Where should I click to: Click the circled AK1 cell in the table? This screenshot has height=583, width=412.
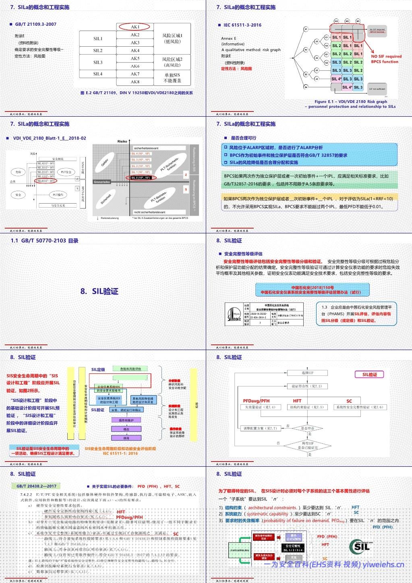135,27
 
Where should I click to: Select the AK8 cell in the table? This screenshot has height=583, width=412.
135,82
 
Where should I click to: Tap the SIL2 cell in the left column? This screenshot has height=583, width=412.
98,51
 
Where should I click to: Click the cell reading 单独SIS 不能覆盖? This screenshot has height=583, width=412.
172,78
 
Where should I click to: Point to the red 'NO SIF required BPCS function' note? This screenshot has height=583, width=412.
386,59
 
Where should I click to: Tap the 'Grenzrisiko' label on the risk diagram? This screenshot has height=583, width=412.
101,182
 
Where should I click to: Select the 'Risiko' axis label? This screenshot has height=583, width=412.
122,142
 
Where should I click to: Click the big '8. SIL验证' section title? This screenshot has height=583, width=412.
99,291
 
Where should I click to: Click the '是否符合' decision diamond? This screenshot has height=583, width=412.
307,428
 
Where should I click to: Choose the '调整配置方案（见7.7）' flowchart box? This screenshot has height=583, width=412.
260,428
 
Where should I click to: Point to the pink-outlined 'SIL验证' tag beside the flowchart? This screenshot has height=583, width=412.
369,375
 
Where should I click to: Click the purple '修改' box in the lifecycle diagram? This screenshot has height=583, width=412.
126,429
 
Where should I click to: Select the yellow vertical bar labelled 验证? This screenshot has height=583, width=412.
194,404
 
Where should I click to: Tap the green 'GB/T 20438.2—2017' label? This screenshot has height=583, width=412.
37,486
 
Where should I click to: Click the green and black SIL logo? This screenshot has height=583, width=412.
360,546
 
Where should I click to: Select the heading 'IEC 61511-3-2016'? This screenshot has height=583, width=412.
242,25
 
